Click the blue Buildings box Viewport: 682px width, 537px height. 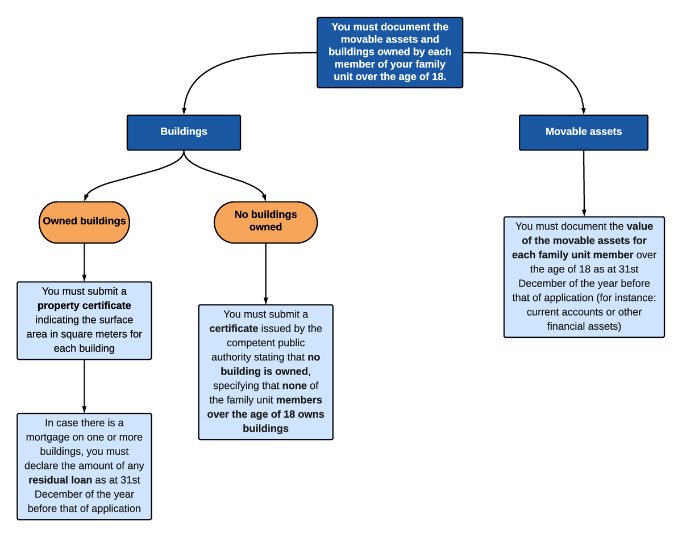pyautogui.click(x=184, y=132)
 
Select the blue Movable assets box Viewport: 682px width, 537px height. pyautogui.click(x=584, y=132)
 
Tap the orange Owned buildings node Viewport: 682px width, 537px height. pyautogui.click(x=84, y=221)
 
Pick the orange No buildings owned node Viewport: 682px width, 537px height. pyautogui.click(x=265, y=221)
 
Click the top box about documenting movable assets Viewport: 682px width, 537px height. pyautogui.click(x=390, y=52)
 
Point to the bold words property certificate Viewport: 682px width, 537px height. pyautogui.click(x=84, y=305)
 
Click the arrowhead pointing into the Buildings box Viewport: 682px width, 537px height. pyautogui.click(x=184, y=111)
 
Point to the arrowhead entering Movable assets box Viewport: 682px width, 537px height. pyautogui.click(x=584, y=111)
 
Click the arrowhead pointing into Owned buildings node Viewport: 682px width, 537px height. pyautogui.click(x=86, y=197)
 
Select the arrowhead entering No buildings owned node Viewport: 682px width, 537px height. pyautogui.click(x=264, y=197)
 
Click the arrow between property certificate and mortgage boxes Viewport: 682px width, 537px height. pyautogui.click(x=84, y=386)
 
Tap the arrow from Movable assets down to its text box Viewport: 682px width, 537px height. pyautogui.click(x=584, y=182)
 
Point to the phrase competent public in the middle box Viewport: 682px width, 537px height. pyautogui.click(x=265, y=343)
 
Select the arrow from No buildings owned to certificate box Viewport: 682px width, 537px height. pyautogui.click(x=265, y=272)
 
